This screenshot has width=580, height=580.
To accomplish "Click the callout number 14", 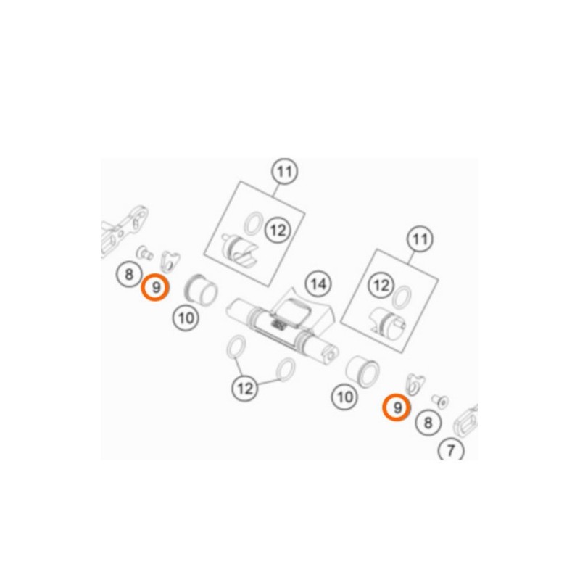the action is click(x=318, y=284).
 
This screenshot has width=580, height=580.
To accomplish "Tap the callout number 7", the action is click(x=451, y=450).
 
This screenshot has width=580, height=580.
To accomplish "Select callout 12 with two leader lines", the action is click(x=245, y=389).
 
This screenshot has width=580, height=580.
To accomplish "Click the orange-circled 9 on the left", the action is click(x=156, y=287).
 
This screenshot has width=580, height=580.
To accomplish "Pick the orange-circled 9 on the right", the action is click(x=397, y=407).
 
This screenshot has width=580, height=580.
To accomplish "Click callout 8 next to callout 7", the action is click(x=428, y=422).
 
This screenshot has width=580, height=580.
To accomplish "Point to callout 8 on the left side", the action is click(x=128, y=275).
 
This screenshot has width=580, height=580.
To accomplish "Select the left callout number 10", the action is click(x=186, y=318).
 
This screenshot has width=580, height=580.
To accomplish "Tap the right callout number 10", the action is click(x=345, y=397).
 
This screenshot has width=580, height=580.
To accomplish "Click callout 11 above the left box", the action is click(x=284, y=172).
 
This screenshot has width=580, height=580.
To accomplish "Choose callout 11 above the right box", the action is click(x=420, y=239).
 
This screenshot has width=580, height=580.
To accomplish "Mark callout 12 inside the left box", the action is click(x=278, y=230).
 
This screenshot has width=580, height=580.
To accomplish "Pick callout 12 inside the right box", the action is click(x=381, y=285).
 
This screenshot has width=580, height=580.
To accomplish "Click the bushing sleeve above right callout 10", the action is click(x=362, y=370).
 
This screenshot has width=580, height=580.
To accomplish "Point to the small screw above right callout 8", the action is click(x=440, y=402).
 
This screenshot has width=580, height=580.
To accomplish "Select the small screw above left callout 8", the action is click(x=144, y=252).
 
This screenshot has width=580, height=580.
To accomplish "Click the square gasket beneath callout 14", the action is click(x=291, y=311).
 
